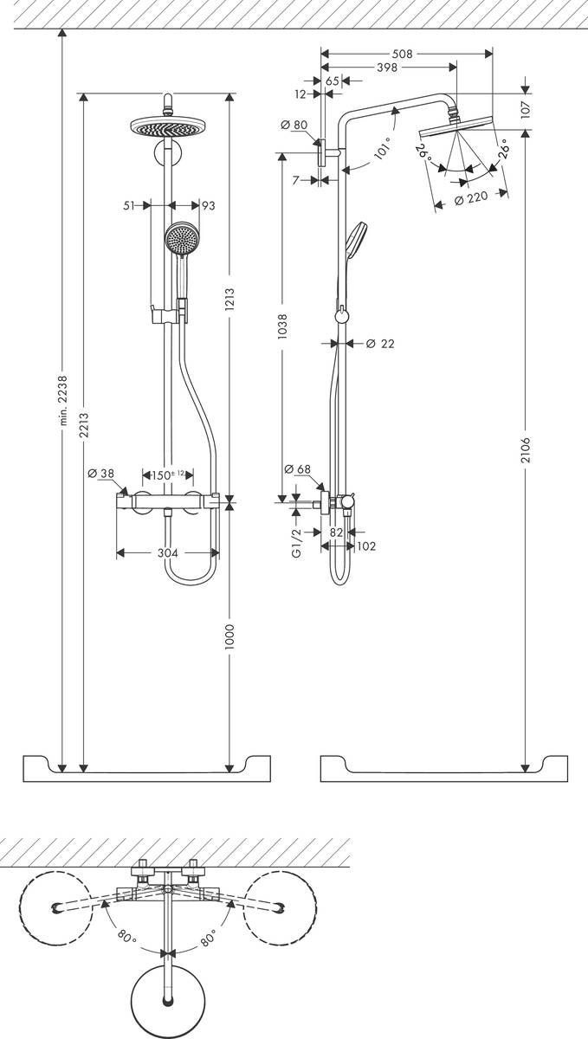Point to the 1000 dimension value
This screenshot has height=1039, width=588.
(230, 636)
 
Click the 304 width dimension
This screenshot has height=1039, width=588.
(170, 552)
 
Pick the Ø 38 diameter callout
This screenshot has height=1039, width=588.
(102, 474)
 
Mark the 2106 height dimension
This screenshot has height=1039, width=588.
(527, 451)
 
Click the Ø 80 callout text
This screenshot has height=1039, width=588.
(294, 125)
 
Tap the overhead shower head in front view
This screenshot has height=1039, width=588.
(165, 126)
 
